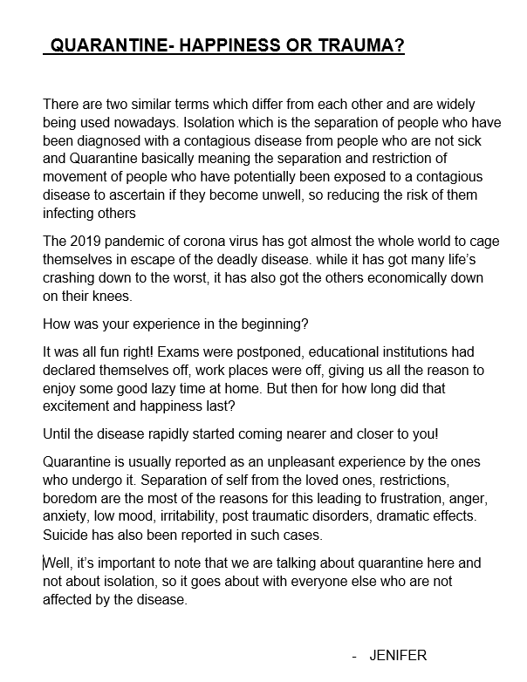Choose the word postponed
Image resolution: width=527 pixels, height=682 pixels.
pyautogui.click(x=246, y=352)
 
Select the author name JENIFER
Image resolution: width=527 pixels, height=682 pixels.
pyautogui.click(x=398, y=655)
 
